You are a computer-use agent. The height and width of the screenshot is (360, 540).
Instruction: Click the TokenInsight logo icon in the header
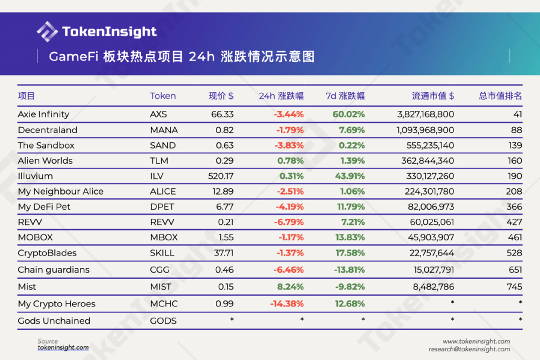pyautogui.click(x=47, y=31)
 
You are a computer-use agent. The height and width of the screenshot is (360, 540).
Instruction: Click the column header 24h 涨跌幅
pyautogui.click(x=281, y=95)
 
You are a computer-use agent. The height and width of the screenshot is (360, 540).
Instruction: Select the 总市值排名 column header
pyautogui.click(x=500, y=95)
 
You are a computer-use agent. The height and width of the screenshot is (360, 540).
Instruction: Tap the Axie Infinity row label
pyautogui.click(x=43, y=114)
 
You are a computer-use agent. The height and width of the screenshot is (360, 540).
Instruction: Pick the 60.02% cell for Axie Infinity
pyautogui.click(x=348, y=114)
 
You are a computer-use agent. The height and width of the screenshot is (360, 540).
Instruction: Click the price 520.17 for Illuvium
pyautogui.click(x=220, y=176)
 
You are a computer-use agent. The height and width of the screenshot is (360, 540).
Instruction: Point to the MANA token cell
pyautogui.click(x=163, y=130)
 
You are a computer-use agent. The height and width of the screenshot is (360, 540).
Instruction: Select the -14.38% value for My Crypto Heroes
pyautogui.click(x=286, y=304)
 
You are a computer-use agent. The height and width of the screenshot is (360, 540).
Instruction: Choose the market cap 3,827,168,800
pyautogui.click(x=425, y=114)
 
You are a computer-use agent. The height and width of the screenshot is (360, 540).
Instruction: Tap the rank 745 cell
pyautogui.click(x=514, y=287)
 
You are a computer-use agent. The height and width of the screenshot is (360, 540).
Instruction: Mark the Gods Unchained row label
pyautogui.click(x=54, y=321)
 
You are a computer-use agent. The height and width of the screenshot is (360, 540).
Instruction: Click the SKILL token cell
pyautogui.click(x=162, y=253)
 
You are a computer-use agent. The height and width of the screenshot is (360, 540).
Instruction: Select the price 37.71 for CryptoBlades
pyautogui.click(x=223, y=253)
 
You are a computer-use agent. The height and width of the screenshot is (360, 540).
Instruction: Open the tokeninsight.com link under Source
pyautogui.click(x=63, y=347)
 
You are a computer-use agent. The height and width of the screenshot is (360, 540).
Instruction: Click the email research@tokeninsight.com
pyautogui.click(x=469, y=349)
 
